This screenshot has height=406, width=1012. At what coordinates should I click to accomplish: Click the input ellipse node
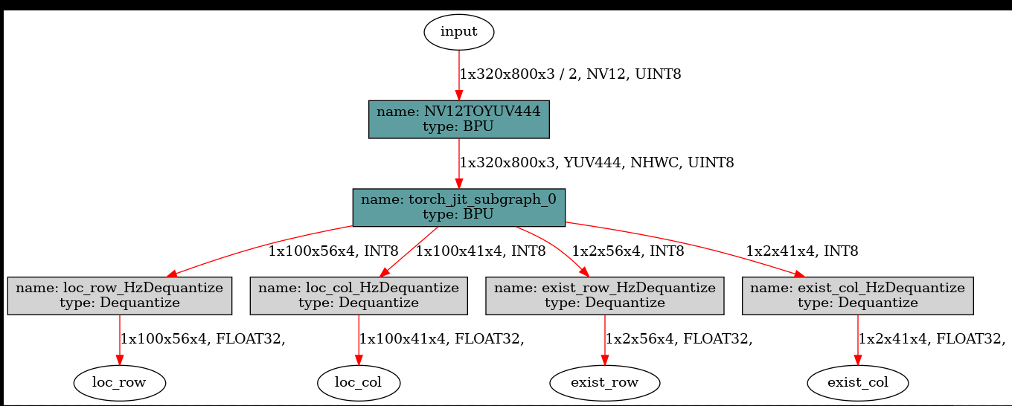(x=459, y=32)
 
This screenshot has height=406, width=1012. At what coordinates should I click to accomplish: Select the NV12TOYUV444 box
(x=459, y=119)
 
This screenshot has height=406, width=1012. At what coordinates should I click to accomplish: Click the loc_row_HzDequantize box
(x=119, y=295)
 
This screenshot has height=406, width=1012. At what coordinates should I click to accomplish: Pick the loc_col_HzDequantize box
(x=359, y=295)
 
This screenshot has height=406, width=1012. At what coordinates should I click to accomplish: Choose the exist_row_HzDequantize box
(x=604, y=295)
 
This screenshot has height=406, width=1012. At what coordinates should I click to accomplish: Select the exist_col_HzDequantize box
(x=858, y=295)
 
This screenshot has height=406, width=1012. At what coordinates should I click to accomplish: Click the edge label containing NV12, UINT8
(x=571, y=74)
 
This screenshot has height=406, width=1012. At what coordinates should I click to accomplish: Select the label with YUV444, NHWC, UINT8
(x=597, y=162)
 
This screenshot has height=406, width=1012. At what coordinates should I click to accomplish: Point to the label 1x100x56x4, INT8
(x=333, y=251)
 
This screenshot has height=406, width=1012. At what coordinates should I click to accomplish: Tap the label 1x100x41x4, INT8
(x=481, y=251)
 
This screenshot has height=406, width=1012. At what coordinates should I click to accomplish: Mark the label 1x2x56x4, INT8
(x=627, y=251)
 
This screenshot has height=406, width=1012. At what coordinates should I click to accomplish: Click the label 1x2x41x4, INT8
(x=802, y=251)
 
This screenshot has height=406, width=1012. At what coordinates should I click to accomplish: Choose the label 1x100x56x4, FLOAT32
(x=203, y=339)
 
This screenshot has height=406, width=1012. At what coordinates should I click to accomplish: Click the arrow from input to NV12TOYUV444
(x=458, y=74)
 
